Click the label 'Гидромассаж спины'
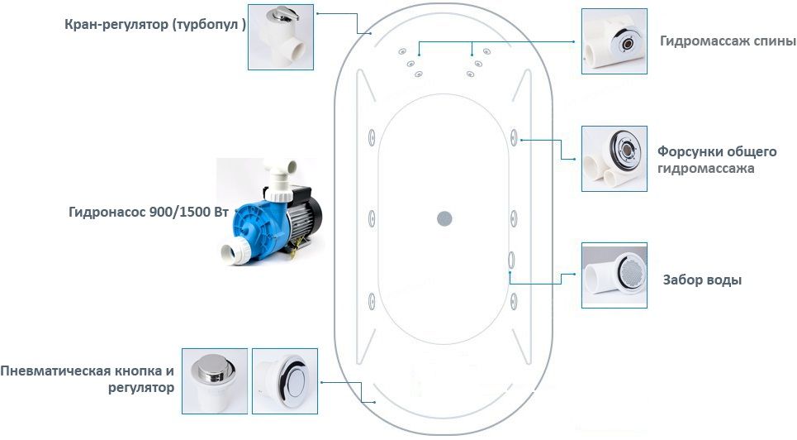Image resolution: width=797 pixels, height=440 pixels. tap(728, 41)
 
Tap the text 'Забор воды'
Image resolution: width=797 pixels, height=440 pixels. tap(702, 280)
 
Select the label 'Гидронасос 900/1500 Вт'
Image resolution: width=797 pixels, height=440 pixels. tap(148, 212)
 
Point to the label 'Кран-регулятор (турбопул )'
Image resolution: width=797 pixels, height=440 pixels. tap(155, 24)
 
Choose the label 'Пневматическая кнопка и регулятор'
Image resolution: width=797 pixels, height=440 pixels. tap(88, 379)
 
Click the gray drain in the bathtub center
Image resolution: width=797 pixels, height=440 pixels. tap(444, 218)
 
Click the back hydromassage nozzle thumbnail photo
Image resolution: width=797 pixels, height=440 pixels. tap(614, 41)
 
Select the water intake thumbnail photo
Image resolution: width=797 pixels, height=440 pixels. tap(614, 275)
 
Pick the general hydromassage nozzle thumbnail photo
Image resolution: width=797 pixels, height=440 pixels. tap(614, 158)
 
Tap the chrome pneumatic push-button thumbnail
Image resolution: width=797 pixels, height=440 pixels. tap(215, 380)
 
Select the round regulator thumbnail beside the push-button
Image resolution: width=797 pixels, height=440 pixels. tap(284, 380)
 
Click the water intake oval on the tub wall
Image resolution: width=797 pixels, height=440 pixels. tap(511, 259)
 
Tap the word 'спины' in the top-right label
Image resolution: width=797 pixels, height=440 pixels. tap(775, 41)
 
